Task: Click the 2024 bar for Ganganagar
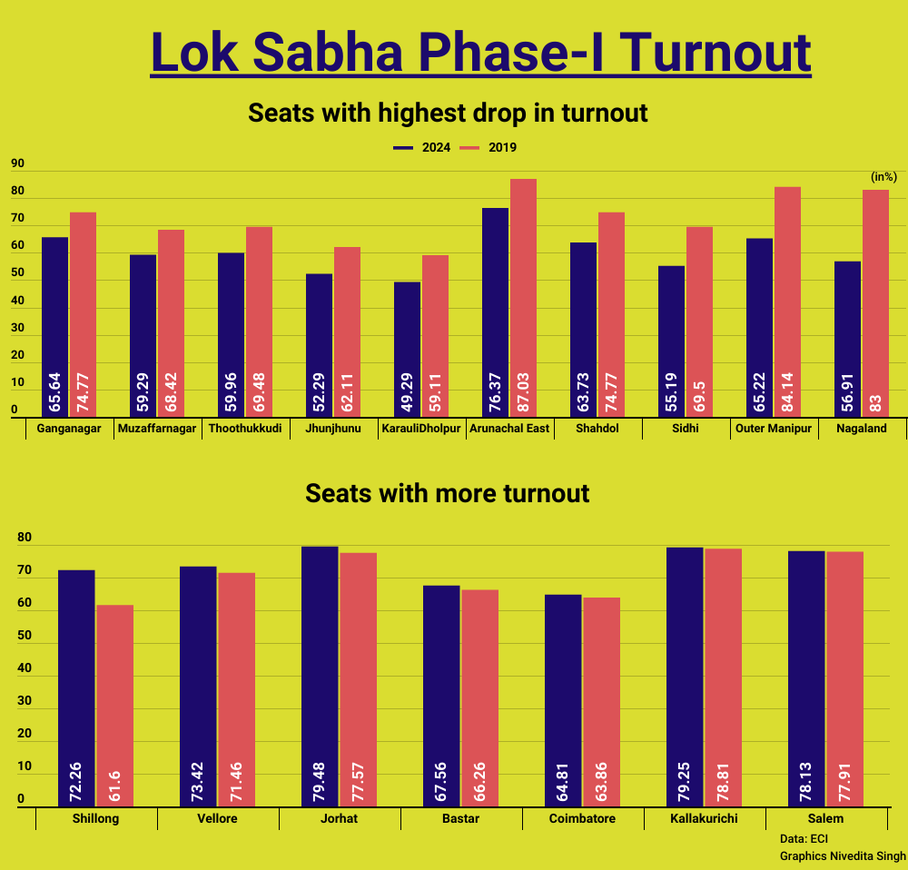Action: pyautogui.click(x=54, y=327)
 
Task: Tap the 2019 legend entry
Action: pyautogui.click(x=489, y=147)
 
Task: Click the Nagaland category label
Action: pyautogui.click(x=862, y=429)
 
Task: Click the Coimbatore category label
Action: pyautogui.click(x=582, y=819)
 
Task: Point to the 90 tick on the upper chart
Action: pyautogui.click(x=17, y=165)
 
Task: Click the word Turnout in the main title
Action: pyautogui.click(x=718, y=52)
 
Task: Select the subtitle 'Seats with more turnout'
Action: pyautogui.click(x=448, y=493)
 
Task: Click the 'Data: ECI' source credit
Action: pyautogui.click(x=804, y=838)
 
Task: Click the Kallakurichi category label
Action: pyautogui.click(x=704, y=819)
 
